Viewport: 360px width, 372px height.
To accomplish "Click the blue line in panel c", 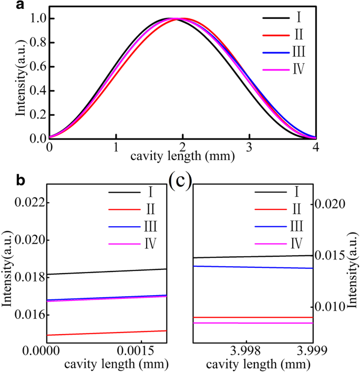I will click(x=253, y=267).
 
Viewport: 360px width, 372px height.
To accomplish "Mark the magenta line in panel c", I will click(x=253, y=323).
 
